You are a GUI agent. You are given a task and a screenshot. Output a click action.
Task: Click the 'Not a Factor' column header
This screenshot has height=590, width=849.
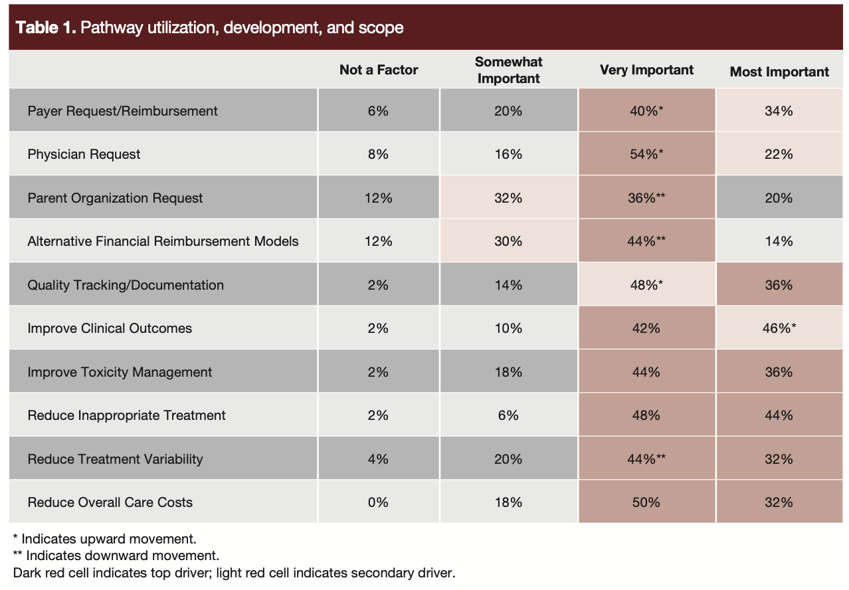(379, 70)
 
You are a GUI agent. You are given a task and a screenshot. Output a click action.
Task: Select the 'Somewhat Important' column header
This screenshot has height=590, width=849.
(508, 70)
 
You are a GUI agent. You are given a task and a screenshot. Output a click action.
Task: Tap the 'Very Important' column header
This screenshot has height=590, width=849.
(646, 70)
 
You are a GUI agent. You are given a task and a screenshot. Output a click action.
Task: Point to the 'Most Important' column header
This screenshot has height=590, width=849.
(779, 72)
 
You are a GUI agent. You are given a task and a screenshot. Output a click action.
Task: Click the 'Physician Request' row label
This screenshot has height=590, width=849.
(84, 154)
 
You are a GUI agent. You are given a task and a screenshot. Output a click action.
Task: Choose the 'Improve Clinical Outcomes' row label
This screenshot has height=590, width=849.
(110, 328)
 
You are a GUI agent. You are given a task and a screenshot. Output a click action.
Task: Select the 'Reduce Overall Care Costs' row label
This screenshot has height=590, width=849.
(110, 502)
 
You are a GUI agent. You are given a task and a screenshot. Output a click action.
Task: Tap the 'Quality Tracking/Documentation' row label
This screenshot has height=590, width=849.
(126, 285)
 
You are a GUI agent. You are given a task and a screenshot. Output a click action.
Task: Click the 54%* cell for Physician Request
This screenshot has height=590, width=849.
(646, 154)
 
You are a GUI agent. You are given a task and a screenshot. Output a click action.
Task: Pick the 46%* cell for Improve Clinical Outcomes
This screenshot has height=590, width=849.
(779, 328)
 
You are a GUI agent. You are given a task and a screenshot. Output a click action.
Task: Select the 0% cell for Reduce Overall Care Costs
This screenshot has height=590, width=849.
(378, 502)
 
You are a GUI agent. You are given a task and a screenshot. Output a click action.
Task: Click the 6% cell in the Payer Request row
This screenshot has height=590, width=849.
(378, 111)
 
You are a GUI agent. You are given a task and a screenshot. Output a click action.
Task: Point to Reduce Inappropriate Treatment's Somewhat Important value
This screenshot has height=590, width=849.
(508, 415)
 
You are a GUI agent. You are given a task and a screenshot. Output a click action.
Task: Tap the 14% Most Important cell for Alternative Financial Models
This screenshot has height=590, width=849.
(779, 241)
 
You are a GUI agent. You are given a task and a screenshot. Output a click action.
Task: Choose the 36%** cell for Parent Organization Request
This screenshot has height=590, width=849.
(646, 198)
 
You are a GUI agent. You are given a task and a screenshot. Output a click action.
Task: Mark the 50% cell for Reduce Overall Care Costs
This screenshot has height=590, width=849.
(646, 502)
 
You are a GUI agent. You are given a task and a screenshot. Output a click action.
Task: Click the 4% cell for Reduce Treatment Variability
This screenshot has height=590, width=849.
(378, 459)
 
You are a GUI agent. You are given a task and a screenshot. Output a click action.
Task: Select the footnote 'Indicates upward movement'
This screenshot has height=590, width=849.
(108, 539)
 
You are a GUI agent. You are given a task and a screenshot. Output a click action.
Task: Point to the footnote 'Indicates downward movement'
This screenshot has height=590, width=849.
(119, 555)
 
